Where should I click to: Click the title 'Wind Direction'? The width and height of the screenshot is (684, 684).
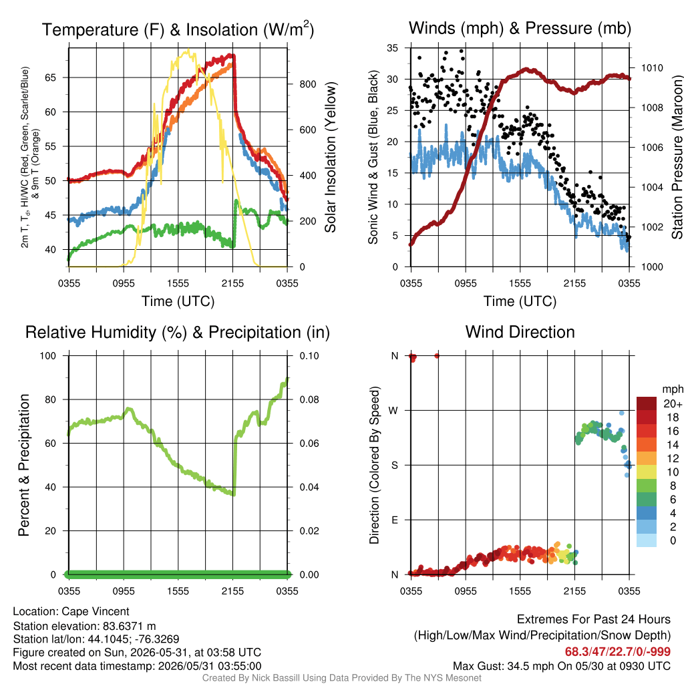(520, 332)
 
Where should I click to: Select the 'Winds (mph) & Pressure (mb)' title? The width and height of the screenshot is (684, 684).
(520, 28)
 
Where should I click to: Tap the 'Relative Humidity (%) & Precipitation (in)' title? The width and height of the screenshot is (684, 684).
(178, 333)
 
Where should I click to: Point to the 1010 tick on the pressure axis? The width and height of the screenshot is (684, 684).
(652, 67)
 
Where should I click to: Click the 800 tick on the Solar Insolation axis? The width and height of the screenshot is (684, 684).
(307, 84)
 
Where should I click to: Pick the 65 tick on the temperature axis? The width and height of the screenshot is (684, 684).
(51, 77)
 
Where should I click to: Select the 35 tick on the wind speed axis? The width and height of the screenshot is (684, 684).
(392, 48)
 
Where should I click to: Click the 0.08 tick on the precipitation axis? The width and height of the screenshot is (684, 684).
(309, 399)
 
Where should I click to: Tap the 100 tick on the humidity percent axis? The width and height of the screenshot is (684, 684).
(48, 356)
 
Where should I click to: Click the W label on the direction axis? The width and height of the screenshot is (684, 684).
(393, 411)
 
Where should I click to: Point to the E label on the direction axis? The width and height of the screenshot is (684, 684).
(395, 520)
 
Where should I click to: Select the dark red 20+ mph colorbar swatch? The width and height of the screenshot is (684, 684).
(647, 403)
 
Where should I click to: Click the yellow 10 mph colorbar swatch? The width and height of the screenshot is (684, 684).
(647, 472)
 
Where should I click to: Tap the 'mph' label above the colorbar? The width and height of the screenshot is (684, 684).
(673, 389)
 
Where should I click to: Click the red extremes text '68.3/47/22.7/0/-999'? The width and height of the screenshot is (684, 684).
(618, 651)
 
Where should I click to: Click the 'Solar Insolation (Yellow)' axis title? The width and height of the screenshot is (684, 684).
(331, 157)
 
